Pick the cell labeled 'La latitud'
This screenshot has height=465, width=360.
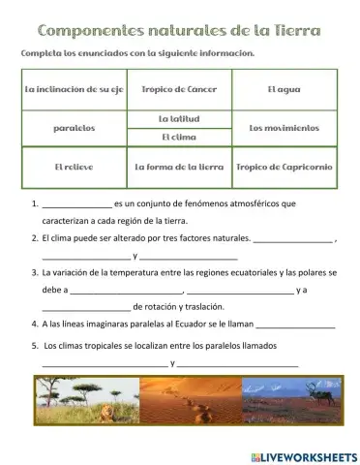[x=178, y=117]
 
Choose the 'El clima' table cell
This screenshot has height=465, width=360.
[x=178, y=137]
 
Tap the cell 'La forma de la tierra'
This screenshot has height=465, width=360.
[x=178, y=167]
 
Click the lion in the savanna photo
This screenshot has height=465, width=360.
[x=104, y=416]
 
